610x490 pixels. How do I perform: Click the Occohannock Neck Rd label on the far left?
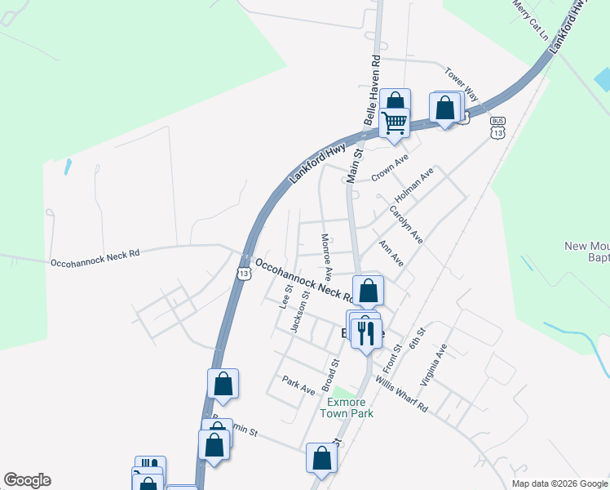click(x=95, y=258)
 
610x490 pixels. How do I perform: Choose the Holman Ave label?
click(x=414, y=186)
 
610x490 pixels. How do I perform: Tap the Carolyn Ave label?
click(x=406, y=225)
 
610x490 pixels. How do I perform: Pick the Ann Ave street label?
click(x=391, y=253)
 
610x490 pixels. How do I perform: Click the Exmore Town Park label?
click(x=350, y=408)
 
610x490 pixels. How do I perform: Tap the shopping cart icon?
click(x=394, y=122)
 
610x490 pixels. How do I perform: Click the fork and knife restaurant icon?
click(x=365, y=332)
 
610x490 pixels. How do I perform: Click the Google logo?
click(x=27, y=480)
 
